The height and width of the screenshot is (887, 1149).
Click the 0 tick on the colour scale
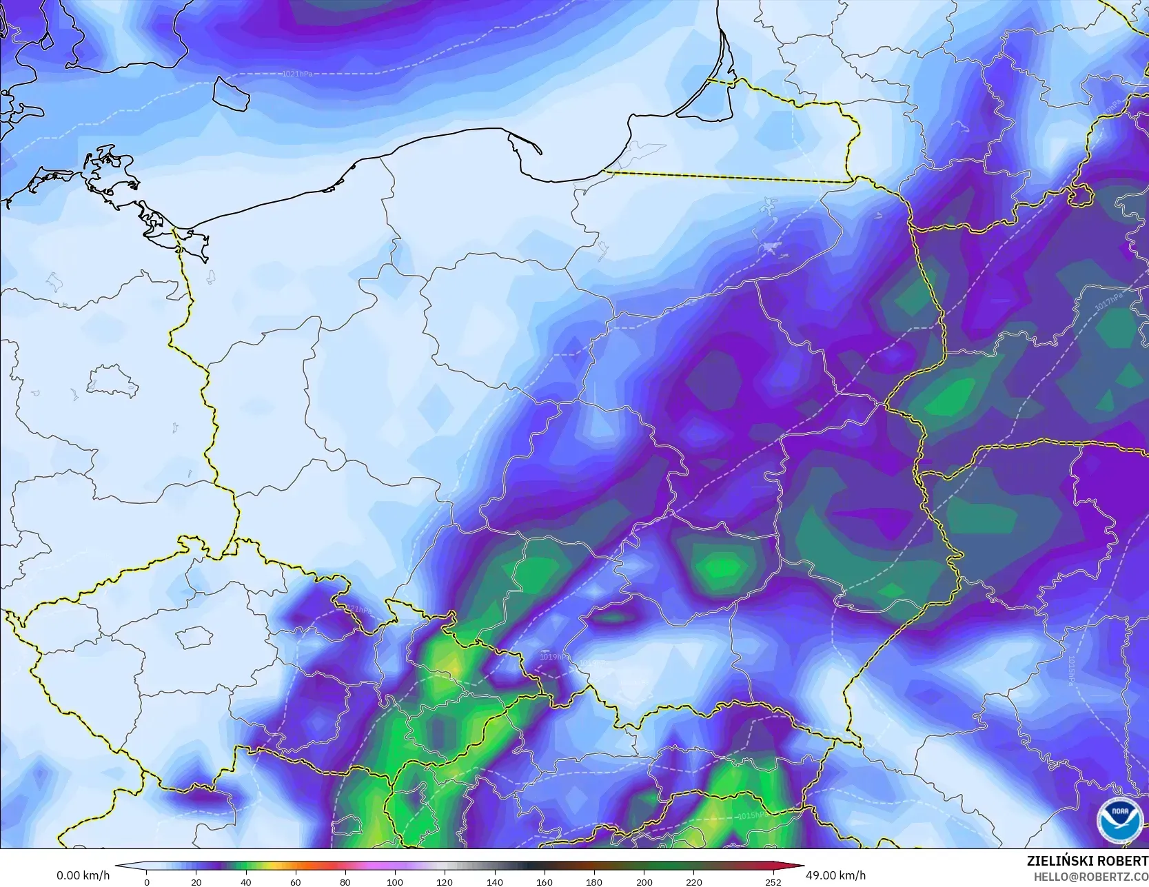tap(147, 881)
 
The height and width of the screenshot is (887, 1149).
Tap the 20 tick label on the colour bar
tap(196, 881)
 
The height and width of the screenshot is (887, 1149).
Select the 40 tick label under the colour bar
tap(246, 881)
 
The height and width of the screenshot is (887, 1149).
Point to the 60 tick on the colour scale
tap(296, 881)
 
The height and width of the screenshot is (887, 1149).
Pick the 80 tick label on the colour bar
tap(345, 881)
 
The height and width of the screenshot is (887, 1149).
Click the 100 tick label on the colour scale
tap(395, 881)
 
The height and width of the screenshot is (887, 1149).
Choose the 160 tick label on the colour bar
tap(545, 881)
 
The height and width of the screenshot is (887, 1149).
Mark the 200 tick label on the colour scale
tap(644, 881)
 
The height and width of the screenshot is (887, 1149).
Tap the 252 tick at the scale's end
tap(773, 881)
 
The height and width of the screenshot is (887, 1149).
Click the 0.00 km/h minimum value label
tap(83, 875)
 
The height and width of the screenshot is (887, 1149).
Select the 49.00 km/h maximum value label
tap(835, 875)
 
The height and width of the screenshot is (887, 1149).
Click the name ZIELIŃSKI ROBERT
tap(1087, 861)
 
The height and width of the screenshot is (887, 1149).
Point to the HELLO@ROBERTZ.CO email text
tap(1086, 875)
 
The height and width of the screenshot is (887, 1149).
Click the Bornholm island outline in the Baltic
tap(231, 92)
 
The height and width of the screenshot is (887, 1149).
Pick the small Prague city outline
tap(192, 637)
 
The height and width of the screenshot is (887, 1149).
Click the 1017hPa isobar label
tap(1108, 301)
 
